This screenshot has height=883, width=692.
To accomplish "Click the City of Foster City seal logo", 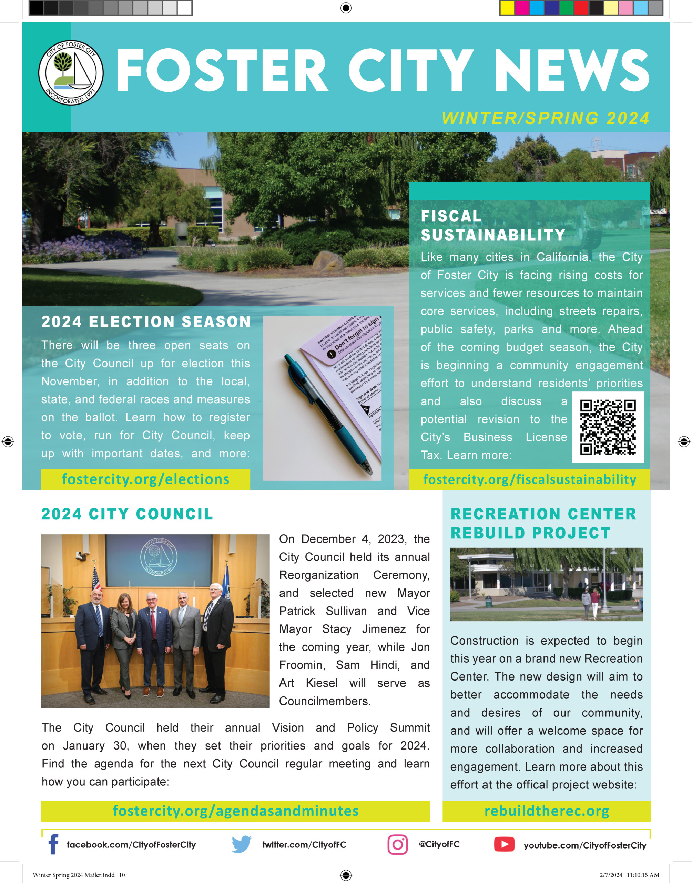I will pyautogui.click(x=71, y=73).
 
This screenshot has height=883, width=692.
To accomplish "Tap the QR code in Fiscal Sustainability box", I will pyautogui.click(x=608, y=427).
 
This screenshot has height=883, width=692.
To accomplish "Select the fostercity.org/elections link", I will pyautogui.click(x=145, y=479).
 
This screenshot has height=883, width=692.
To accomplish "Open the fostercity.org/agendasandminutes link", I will pyautogui.click(x=235, y=811).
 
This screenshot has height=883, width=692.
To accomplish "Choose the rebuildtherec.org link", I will pyautogui.click(x=547, y=811).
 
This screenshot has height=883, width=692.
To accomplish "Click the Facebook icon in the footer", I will pyautogui.click(x=53, y=844).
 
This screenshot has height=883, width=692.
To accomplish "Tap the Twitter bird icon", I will pyautogui.click(x=242, y=844).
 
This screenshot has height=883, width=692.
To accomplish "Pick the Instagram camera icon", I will pyautogui.click(x=397, y=844).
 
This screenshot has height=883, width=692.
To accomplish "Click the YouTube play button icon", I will pyautogui.click(x=504, y=844).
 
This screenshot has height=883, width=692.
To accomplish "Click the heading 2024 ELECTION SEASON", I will pyautogui.click(x=146, y=322).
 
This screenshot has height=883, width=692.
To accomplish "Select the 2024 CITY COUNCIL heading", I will pyautogui.click(x=127, y=514).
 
